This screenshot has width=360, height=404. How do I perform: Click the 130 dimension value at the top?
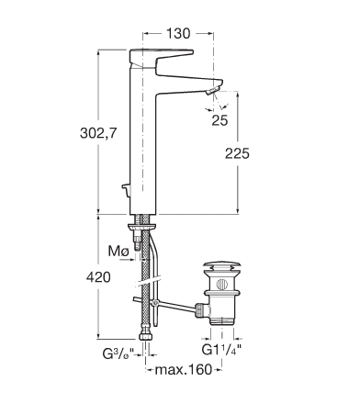coord(178,33)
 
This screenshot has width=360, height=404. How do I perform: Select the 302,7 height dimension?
coord(98,133)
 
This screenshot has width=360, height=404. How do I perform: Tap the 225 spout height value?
coord(237,153)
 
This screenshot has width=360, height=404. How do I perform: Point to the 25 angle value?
coord(219,120)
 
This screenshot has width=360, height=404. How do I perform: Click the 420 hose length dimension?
coord(98,277)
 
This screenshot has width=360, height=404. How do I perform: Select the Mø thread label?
coord(118,252)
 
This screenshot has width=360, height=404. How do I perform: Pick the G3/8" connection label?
coord(118,354)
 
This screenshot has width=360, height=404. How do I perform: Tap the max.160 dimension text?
coord(184,369)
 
